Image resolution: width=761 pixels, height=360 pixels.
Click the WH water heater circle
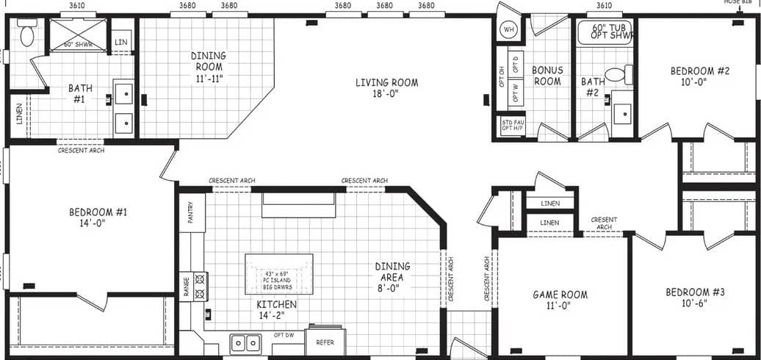[508, 29]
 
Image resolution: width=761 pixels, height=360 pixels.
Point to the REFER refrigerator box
[325, 340]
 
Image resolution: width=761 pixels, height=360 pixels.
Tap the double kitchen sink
[245, 342]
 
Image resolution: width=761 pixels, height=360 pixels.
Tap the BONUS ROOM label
[547, 76]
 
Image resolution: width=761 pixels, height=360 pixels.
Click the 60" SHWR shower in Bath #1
[77, 35]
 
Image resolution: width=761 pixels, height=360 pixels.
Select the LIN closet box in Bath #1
[121, 42]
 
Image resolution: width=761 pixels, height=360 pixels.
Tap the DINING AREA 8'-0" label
[392, 272]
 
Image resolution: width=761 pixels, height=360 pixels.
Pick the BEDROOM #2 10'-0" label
[688, 76]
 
